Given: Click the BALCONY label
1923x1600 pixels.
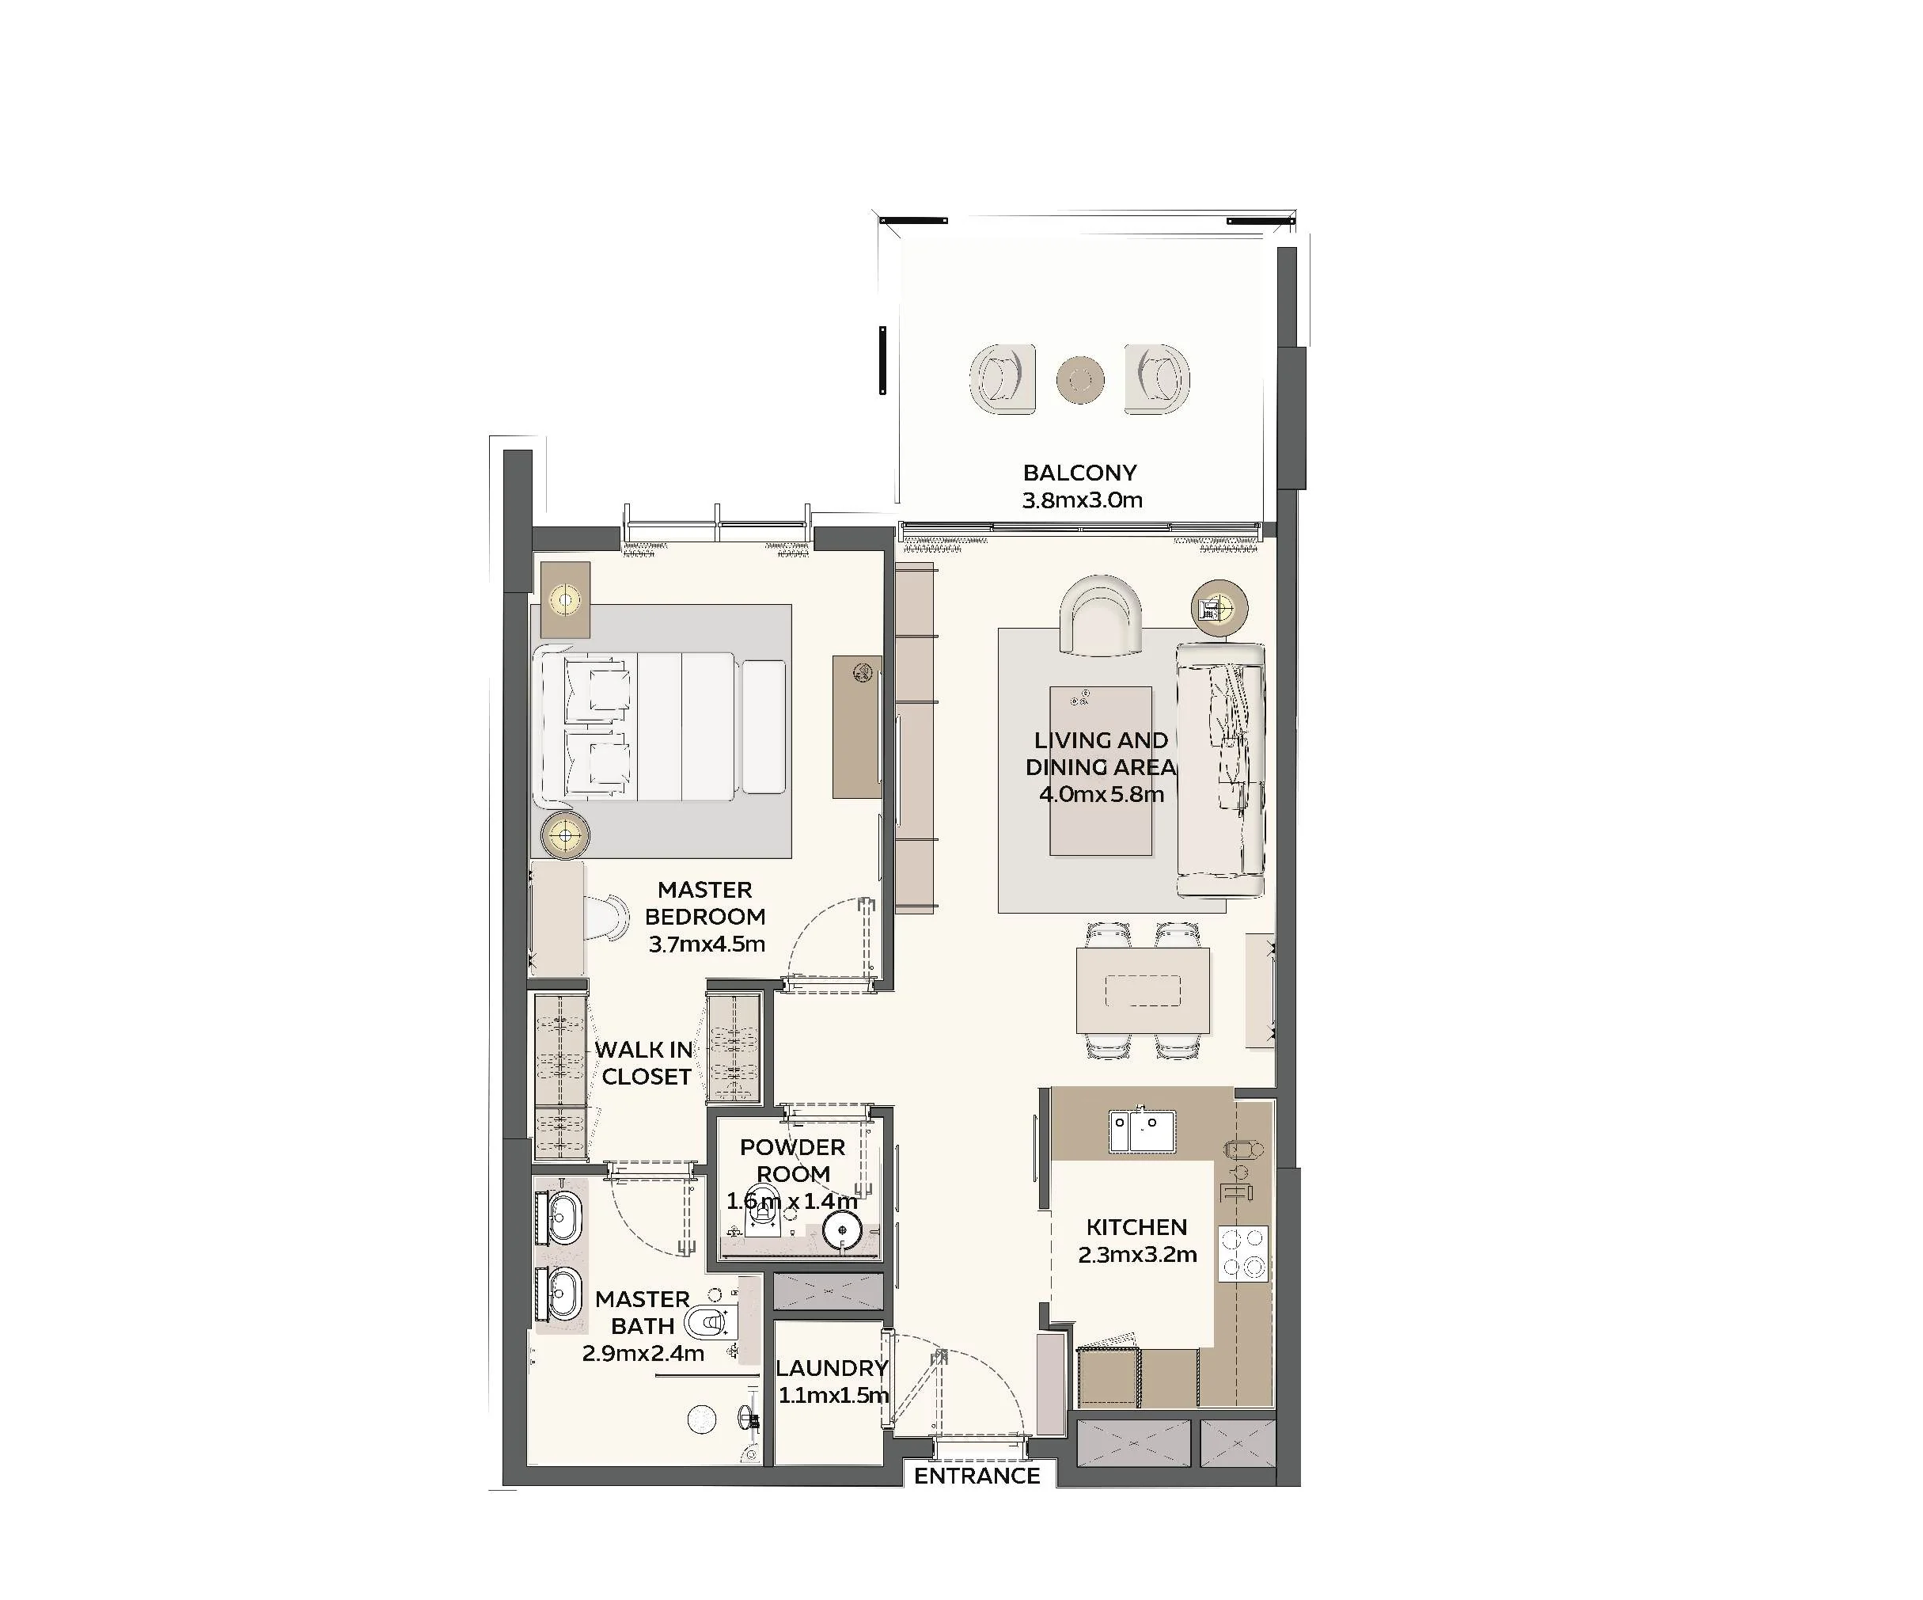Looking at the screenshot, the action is coord(1079,473).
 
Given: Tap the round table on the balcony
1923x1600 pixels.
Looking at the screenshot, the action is coord(1080,379).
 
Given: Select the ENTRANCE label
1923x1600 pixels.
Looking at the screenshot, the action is coord(977,1476).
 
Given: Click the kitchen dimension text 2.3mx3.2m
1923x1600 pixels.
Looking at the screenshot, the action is coord(1137,1255).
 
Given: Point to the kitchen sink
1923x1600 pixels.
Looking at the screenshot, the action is coord(1142,1131).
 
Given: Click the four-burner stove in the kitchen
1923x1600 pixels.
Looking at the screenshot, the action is coord(1243,1253).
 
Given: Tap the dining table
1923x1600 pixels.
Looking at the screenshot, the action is coord(1143,991).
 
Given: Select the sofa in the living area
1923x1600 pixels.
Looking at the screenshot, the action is coord(1220,770).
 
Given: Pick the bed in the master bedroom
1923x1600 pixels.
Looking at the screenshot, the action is coord(664,728).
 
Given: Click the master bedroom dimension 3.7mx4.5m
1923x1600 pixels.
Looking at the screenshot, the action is coord(707,944).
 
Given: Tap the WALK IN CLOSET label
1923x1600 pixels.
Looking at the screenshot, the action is coord(645,1063).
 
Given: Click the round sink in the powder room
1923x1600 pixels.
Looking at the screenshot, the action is coord(841,1231).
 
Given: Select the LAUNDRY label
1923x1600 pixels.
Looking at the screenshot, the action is coord(832,1368).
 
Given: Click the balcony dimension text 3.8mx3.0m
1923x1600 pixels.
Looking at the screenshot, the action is coord(1083,500).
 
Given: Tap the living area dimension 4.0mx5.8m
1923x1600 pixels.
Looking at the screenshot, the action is coord(1102,794).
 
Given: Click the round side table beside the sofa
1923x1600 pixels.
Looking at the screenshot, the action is coord(1219,606).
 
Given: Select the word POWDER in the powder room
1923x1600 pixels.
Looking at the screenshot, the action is coord(793,1148).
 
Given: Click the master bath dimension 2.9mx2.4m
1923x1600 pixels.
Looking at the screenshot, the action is coord(643,1353).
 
